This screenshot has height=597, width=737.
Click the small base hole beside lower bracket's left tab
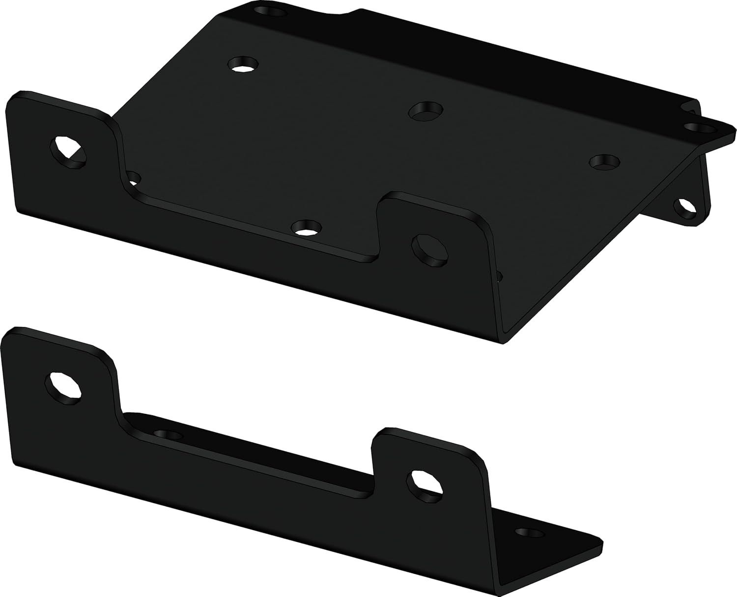[x=166, y=434]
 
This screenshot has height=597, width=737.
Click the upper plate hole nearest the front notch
[x=307, y=226]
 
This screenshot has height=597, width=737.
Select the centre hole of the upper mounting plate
[x=426, y=110]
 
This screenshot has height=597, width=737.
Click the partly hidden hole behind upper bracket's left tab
[x=133, y=177]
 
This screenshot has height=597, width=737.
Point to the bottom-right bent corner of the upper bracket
[x=506, y=339]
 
